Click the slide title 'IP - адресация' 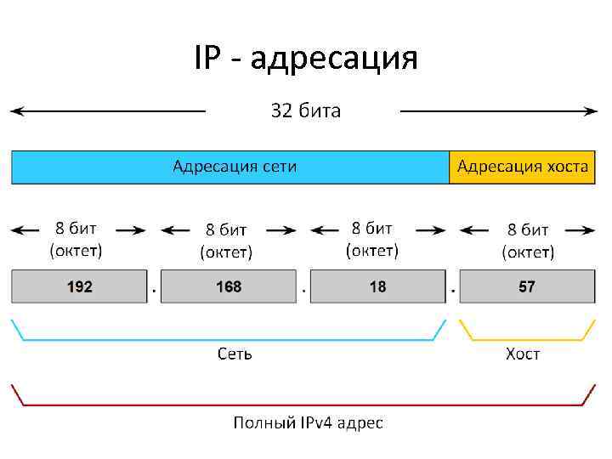tap(306, 59)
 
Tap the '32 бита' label tap(305, 110)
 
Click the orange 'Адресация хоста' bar tap(522, 167)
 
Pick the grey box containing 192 tap(79, 286)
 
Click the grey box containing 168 tap(229, 286)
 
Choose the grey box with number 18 tap(377, 286)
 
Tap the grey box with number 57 tap(527, 286)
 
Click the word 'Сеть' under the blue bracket tap(235, 354)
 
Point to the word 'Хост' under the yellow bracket tap(523, 354)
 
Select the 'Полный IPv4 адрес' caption tap(309, 422)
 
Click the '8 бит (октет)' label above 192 tap(76, 239)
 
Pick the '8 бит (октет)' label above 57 tap(528, 241)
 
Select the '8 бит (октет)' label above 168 tap(226, 241)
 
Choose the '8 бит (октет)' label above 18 tap(372, 239)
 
